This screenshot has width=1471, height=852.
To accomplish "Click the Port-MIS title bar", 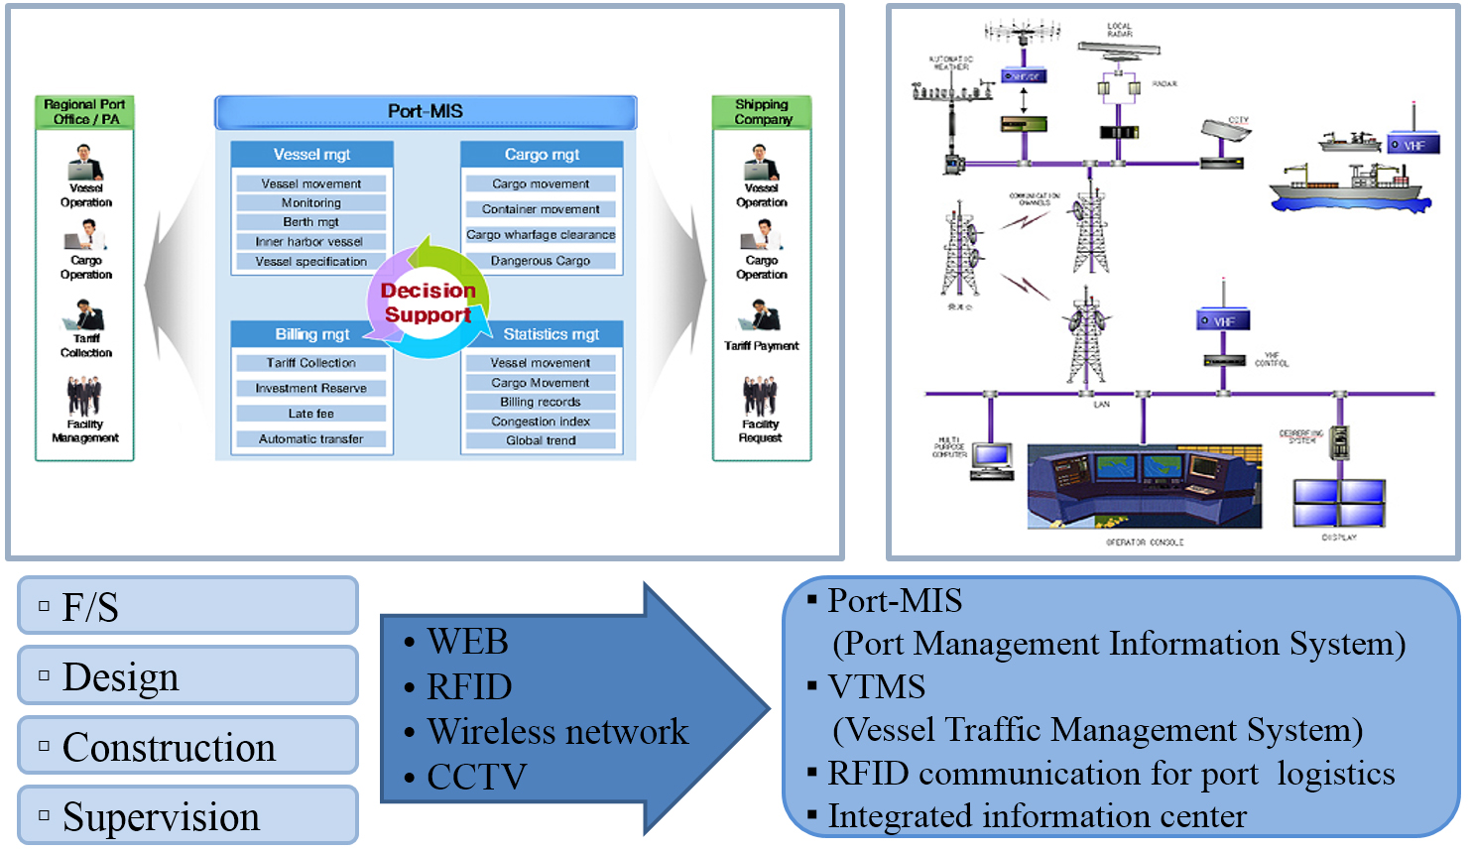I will pyautogui.click(x=426, y=112).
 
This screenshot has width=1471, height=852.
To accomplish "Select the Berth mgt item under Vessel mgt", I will pyautogui.click(x=311, y=222).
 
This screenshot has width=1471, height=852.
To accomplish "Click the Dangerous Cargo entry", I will pyautogui.click(x=541, y=261).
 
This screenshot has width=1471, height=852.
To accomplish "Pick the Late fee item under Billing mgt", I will pyautogui.click(x=311, y=414).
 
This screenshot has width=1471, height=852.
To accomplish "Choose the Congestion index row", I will pyautogui.click(x=541, y=422).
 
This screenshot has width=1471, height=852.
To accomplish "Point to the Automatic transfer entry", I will pyautogui.click(x=311, y=438).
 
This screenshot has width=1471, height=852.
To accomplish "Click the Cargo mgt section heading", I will pyautogui.click(x=542, y=155).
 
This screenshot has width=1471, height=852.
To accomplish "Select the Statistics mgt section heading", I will pyautogui.click(x=551, y=334).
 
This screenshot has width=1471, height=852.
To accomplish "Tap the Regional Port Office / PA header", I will pyautogui.click(x=84, y=112).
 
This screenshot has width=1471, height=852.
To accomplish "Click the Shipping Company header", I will pyautogui.click(x=762, y=112).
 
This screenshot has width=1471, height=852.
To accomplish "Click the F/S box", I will pyautogui.click(x=187, y=606).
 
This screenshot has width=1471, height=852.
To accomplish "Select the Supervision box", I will pyautogui.click(x=187, y=816).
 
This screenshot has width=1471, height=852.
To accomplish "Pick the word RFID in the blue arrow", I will pyautogui.click(x=469, y=686).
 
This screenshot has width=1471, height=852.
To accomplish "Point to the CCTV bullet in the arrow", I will pyautogui.click(x=476, y=777).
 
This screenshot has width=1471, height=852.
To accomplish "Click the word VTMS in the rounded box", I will pyautogui.click(x=877, y=686).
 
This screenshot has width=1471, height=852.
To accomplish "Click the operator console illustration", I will pyautogui.click(x=1144, y=486).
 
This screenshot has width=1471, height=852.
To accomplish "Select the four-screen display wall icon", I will pyautogui.click(x=1338, y=502).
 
